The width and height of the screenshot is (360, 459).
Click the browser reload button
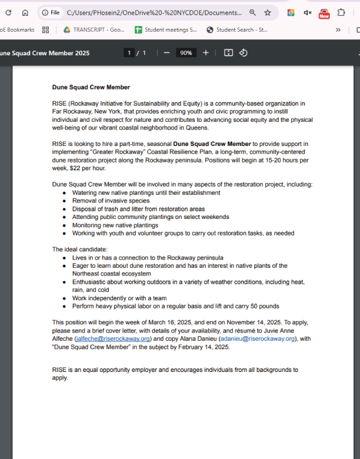[8, 12]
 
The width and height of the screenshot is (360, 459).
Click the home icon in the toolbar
[25, 12]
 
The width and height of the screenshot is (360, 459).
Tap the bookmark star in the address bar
[268, 12]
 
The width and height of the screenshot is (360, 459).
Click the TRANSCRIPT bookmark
[93, 29]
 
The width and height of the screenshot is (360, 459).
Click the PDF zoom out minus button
[166, 53]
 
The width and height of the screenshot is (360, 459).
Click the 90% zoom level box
[186, 53]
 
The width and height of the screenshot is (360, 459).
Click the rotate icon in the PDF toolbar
[243, 53]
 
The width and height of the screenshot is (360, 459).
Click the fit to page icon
[228, 53]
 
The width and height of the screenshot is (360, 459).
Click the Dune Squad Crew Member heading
[91, 87]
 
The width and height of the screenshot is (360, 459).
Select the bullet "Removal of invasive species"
[111, 201]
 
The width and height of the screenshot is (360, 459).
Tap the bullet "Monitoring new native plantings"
[115, 225]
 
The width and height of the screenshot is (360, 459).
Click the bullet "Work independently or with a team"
[119, 298]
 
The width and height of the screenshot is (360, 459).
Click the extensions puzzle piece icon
[341, 12]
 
